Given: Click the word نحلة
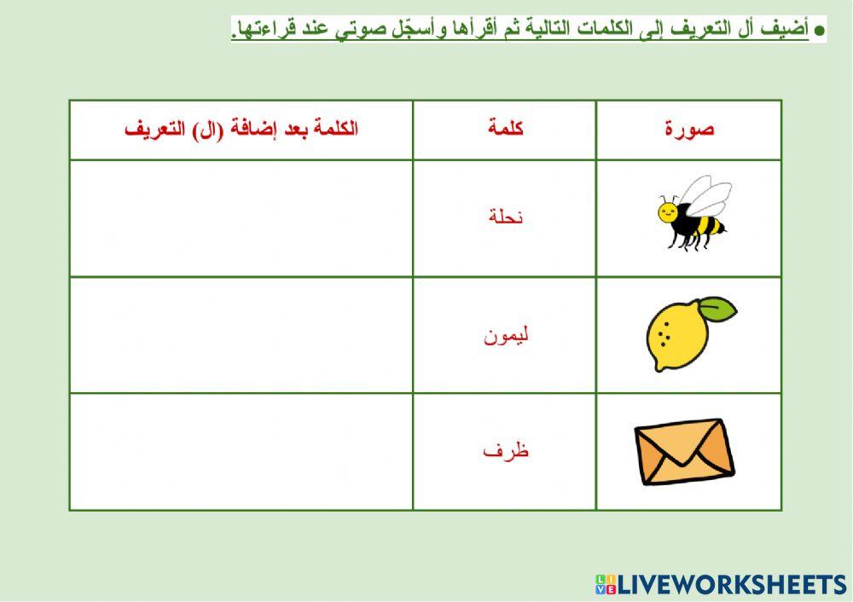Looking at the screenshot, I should pyautogui.click(x=505, y=217).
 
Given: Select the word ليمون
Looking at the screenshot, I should pyautogui.click(x=506, y=335).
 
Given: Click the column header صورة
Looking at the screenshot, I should pyautogui.click(x=689, y=130).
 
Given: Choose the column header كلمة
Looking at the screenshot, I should pyautogui.click(x=506, y=130).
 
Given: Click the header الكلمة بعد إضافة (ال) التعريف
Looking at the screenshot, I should pyautogui.click(x=241, y=130).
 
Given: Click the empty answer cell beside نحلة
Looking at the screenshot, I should pyautogui.click(x=241, y=218).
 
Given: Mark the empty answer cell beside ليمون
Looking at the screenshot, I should pyautogui.click(x=241, y=335).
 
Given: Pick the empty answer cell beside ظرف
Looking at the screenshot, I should pyautogui.click(x=241, y=452).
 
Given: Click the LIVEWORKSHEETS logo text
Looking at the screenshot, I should pyautogui.click(x=732, y=584).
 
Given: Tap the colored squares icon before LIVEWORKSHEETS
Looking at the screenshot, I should pyautogui.click(x=605, y=584).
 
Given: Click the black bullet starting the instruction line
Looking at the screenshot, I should pyautogui.click(x=820, y=30).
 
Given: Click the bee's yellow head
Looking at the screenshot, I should pyautogui.click(x=667, y=210).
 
